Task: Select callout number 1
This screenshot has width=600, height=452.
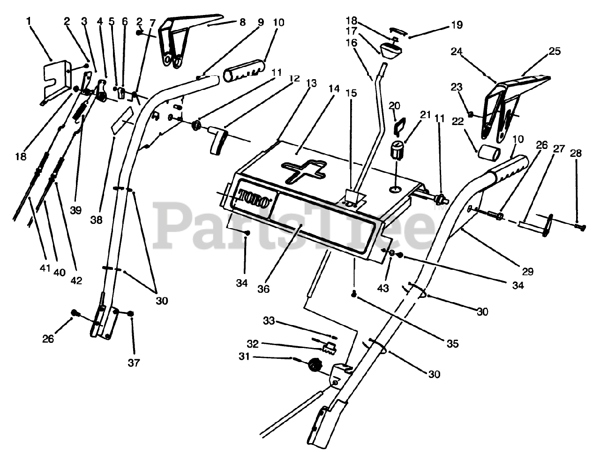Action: pos(29,21)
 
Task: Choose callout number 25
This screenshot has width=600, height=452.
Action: pos(555,51)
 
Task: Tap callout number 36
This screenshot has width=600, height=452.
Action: pos(263,289)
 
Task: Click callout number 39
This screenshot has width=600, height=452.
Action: pos(75,210)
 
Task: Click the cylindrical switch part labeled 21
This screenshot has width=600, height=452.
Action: pos(397,150)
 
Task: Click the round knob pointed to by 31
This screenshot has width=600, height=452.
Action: pos(313,364)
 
